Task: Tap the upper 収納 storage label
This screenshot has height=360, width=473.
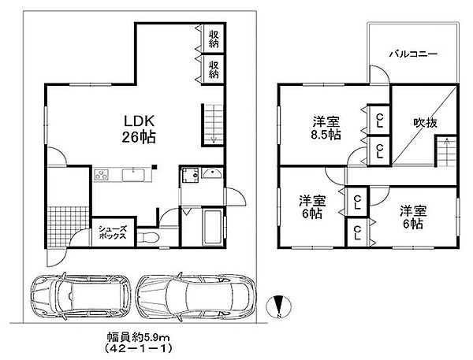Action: [x=214, y=37]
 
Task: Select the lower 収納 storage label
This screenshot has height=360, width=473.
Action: [x=214, y=68]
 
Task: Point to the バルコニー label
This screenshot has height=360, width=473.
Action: [x=412, y=54]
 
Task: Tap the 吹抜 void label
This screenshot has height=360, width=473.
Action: [x=425, y=122]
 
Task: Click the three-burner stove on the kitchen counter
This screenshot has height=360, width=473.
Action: [x=102, y=173]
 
